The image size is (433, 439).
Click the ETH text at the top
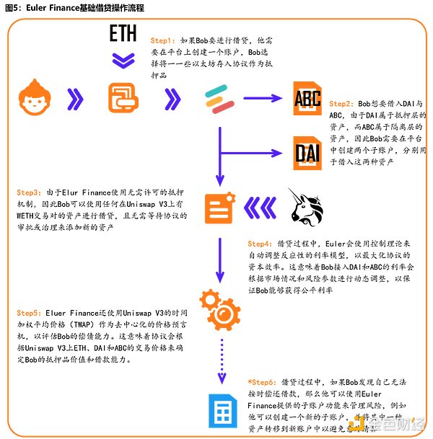(123, 34)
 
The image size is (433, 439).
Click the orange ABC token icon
(307, 98)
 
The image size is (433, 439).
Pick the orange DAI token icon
(307, 152)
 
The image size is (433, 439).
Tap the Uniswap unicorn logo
(306, 208)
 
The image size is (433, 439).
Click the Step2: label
(342, 104)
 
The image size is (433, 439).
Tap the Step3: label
(30, 194)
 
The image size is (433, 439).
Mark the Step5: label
(30, 314)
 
